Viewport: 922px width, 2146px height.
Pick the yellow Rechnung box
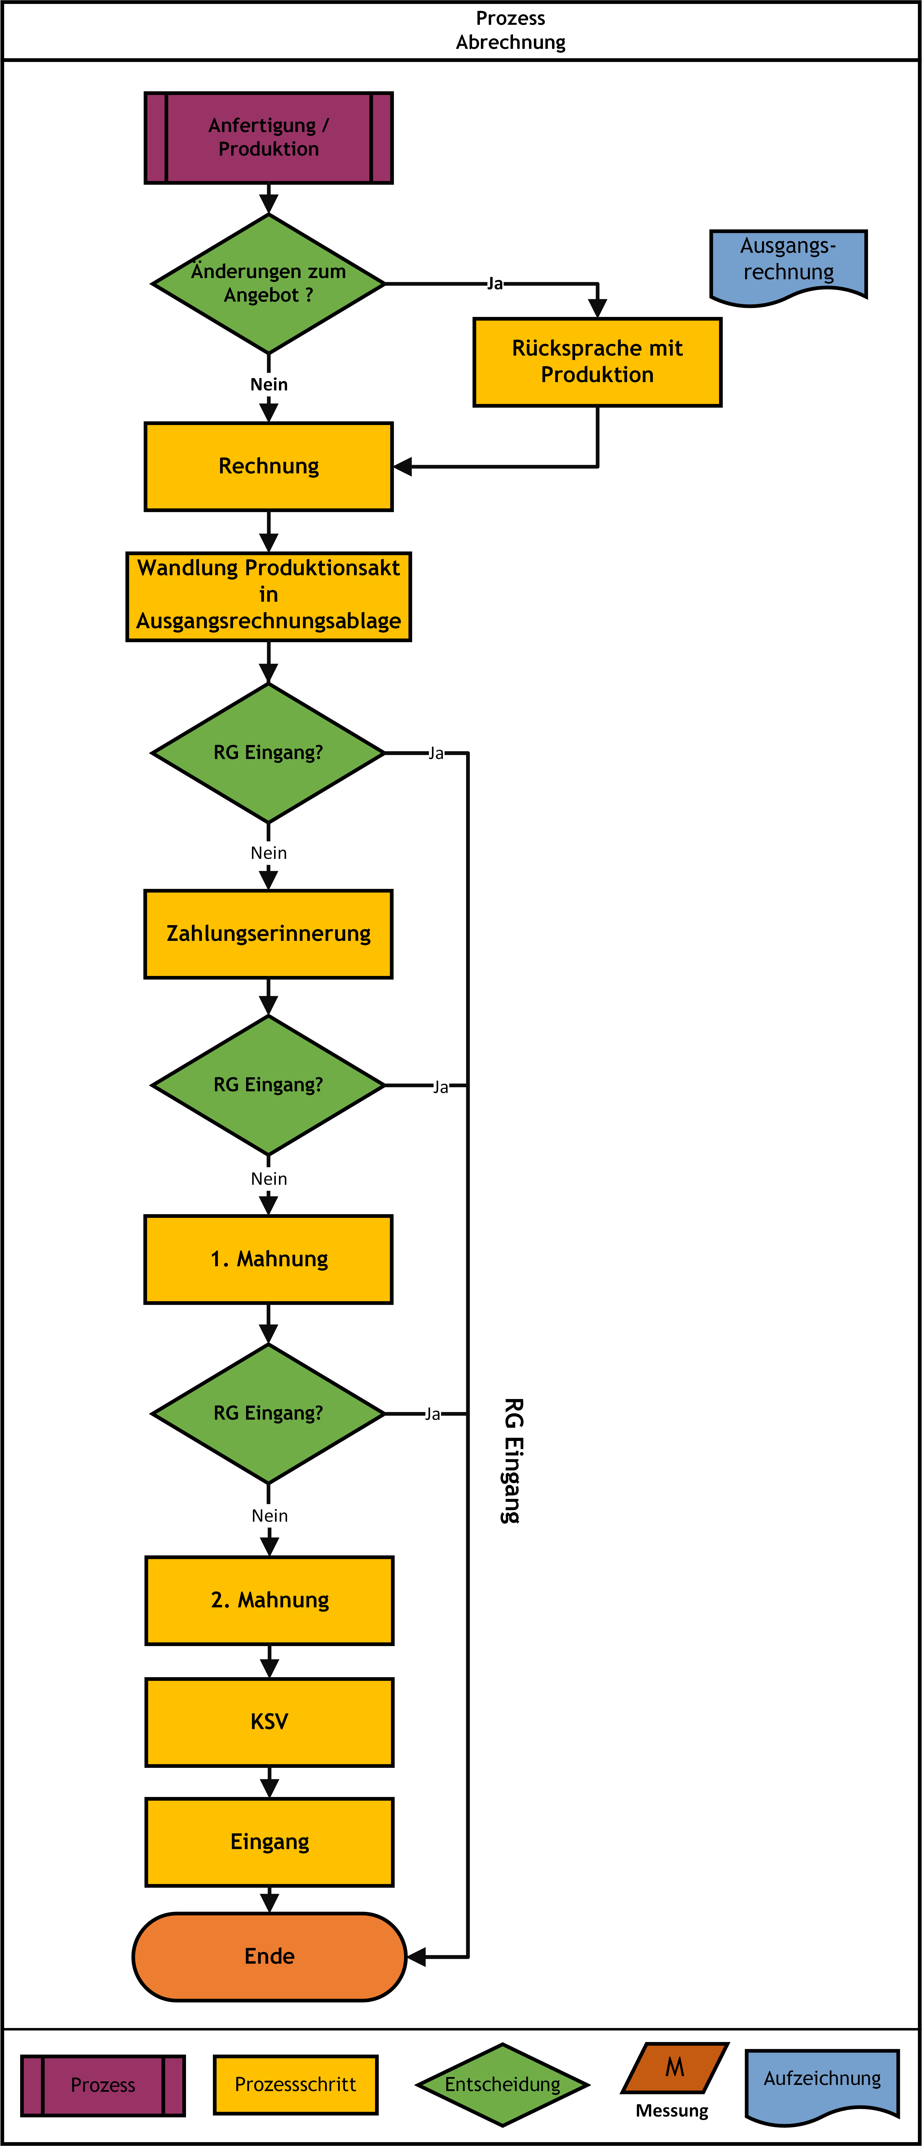coord(268,467)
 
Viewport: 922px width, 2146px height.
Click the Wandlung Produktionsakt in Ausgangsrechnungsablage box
coord(268,597)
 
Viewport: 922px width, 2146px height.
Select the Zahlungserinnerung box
coord(268,934)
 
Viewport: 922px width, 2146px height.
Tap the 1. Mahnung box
coord(268,1259)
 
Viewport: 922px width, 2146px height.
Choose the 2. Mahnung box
coord(269,1600)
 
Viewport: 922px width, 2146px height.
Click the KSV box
coord(269,1722)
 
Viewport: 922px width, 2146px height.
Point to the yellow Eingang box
coord(269,1842)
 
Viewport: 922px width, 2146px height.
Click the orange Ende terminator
coord(269,1957)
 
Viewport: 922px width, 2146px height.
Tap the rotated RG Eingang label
coord(513,1460)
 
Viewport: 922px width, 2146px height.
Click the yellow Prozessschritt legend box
coord(296,2084)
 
